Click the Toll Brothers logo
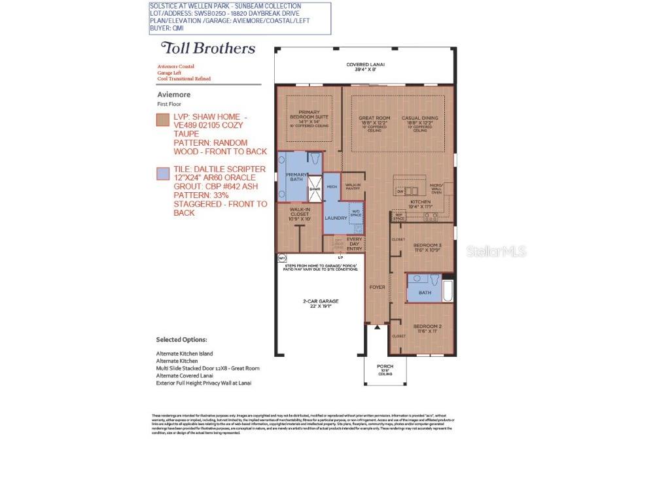[208, 48]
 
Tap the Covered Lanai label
[365, 67]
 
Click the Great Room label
[374, 120]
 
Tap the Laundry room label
[336, 218]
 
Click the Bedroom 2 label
[427, 328]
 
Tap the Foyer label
[378, 287]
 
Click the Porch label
[385, 368]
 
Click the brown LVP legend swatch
[162, 120]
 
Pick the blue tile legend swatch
[162, 173]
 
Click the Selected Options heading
[181, 340]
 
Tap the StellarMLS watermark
[495, 251]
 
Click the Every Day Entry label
[354, 244]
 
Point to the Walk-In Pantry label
[353, 187]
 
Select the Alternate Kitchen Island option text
[184, 354]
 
